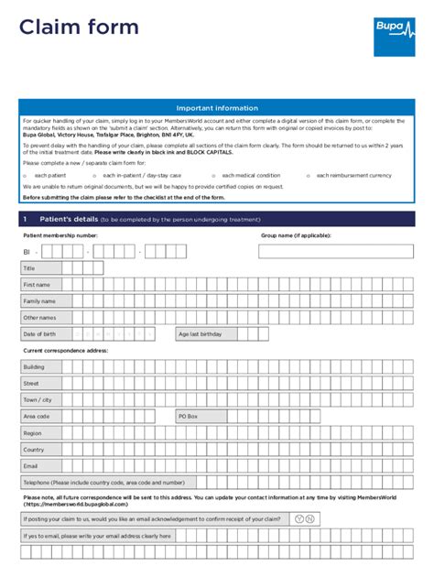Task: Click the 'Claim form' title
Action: tap(79, 28)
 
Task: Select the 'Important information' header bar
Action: tap(217, 108)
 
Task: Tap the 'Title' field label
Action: tap(29, 268)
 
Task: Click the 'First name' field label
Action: tap(37, 285)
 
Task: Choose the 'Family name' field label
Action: tap(39, 301)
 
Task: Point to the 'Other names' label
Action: tap(39, 318)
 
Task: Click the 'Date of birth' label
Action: tap(40, 334)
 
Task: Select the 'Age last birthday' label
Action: tap(201, 334)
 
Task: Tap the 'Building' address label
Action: tap(34, 367)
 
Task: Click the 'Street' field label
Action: tap(31, 384)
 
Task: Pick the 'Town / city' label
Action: tap(38, 400)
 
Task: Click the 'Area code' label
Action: tap(36, 417)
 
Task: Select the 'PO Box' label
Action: tap(188, 417)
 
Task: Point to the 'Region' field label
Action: tap(32, 433)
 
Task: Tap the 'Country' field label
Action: tap(34, 450)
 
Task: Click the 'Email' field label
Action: tap(30, 466)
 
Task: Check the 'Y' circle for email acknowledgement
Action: tap(299, 519)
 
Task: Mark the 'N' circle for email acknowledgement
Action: tap(311, 519)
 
